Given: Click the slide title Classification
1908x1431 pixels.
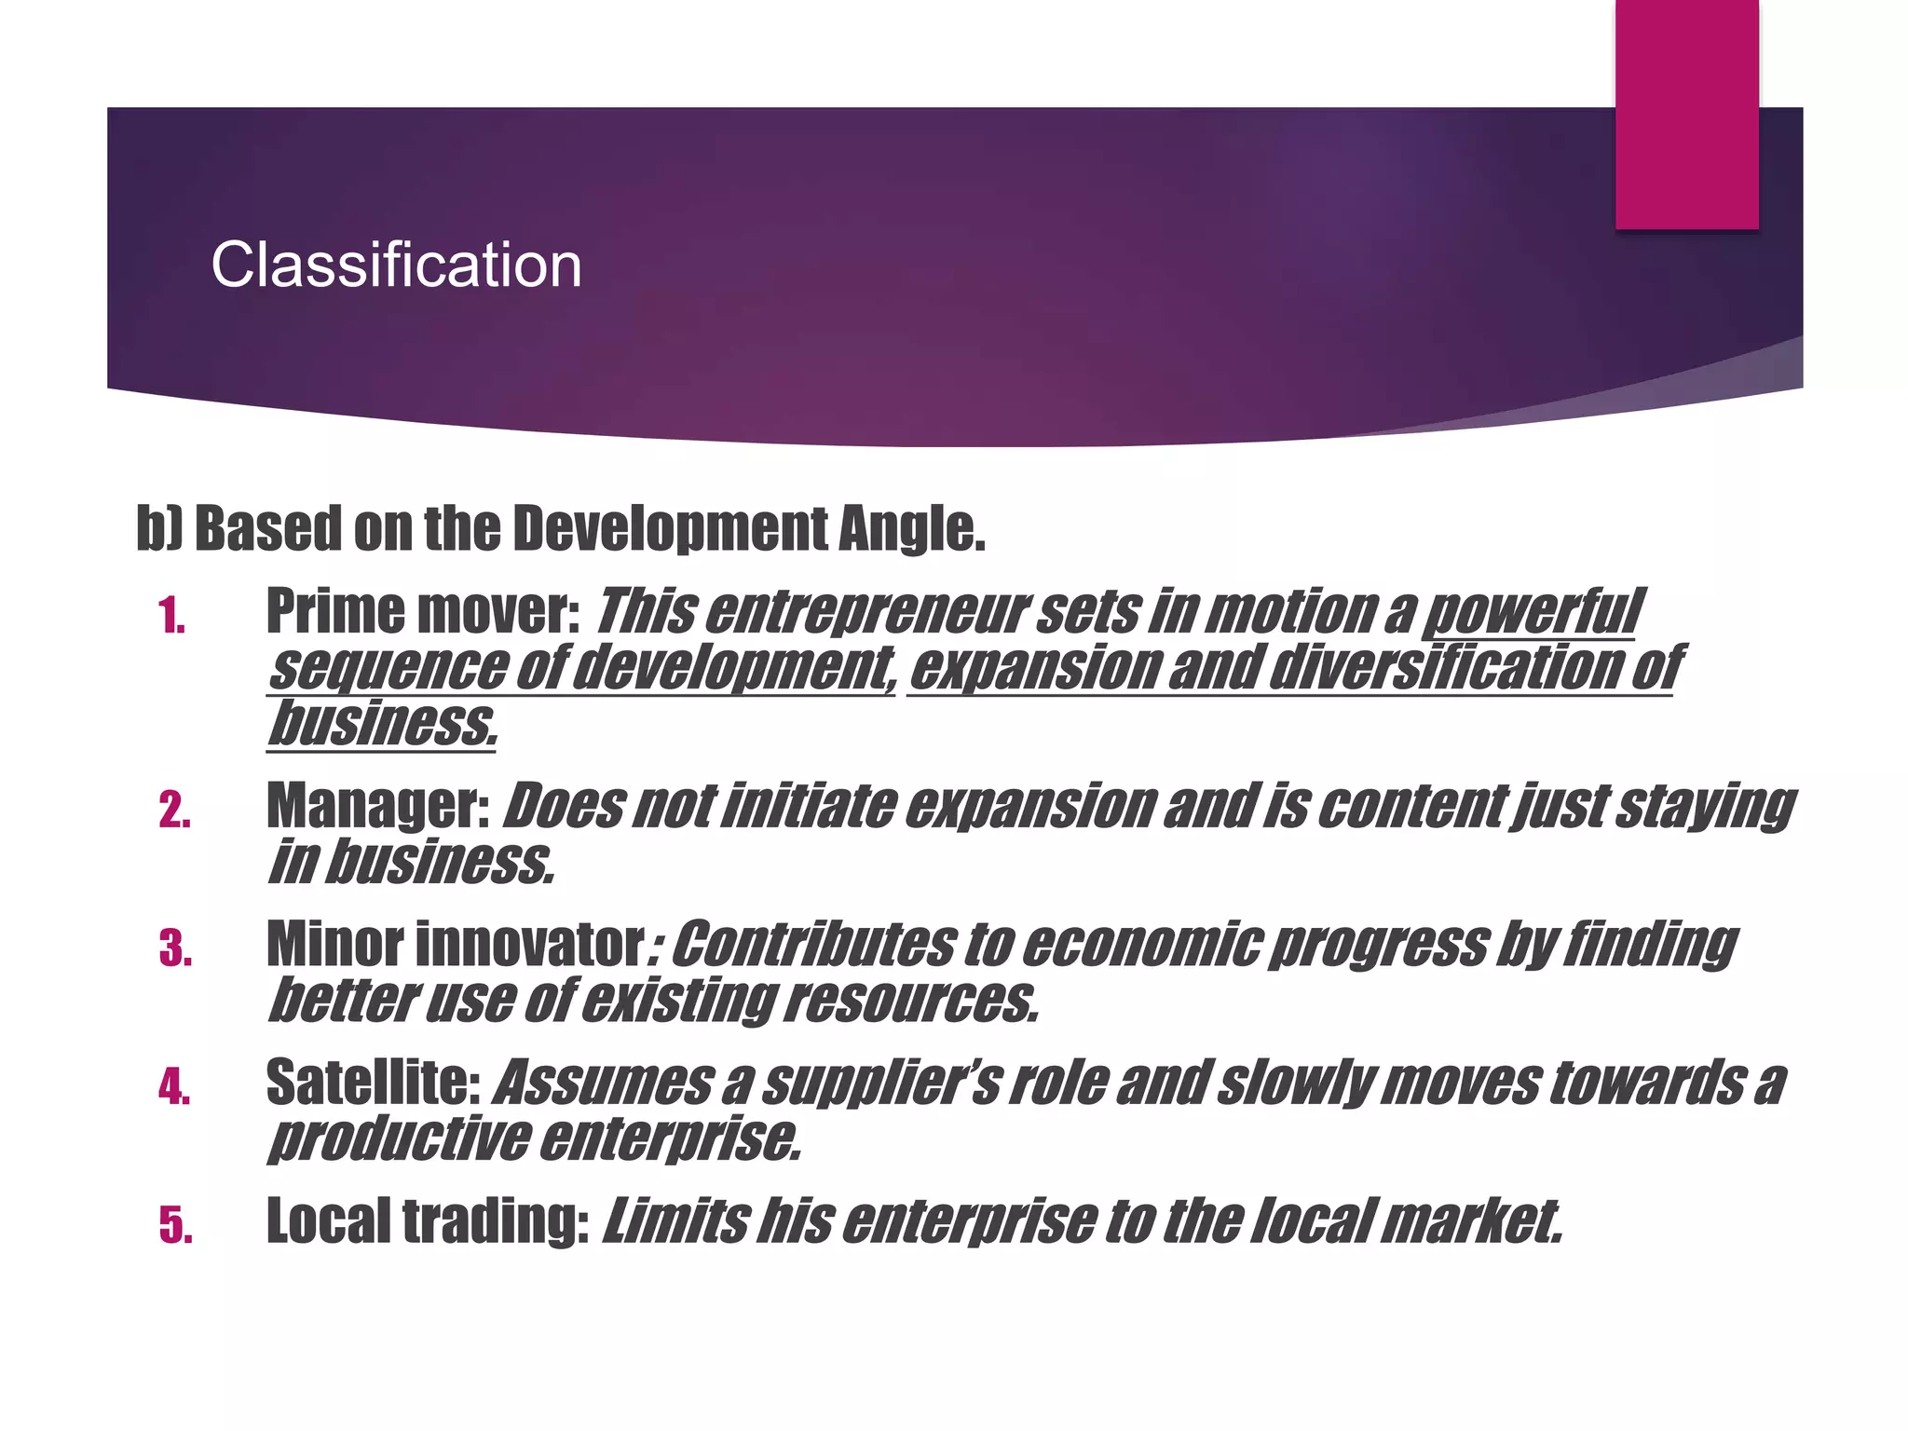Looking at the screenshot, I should click(x=396, y=266).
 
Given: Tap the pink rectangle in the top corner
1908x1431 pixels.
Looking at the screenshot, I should click(x=1686, y=114).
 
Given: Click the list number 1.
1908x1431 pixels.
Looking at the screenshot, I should click(x=171, y=617).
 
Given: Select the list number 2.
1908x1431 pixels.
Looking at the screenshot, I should click(x=174, y=811).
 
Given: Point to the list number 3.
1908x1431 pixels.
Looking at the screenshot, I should click(x=175, y=949).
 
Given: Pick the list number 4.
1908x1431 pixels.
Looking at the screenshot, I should click(x=174, y=1087).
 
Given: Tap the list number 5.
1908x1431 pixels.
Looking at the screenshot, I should click(x=175, y=1225).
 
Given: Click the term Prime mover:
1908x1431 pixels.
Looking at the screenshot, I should click(x=423, y=612).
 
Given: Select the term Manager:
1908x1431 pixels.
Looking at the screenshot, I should click(x=378, y=806).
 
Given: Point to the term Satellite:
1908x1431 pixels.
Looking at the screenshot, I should click(x=373, y=1083).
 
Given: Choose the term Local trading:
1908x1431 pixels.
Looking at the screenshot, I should click(x=428, y=1220).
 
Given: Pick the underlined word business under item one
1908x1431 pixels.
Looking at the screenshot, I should click(x=382, y=724).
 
